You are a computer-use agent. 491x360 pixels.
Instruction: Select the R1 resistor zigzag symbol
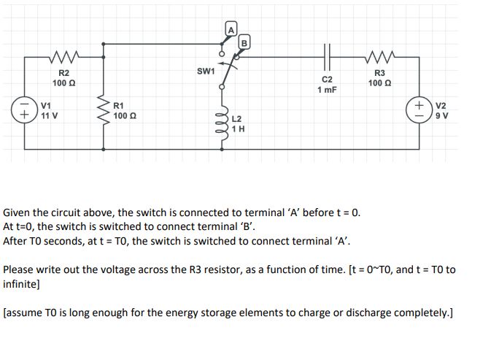tap(103, 111)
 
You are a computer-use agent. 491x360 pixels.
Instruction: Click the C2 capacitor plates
tap(328, 54)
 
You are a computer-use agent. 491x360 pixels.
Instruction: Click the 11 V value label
tap(50, 116)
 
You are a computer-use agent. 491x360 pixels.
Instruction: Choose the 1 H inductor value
tap(239, 129)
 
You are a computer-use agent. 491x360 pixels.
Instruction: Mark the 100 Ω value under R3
tap(379, 83)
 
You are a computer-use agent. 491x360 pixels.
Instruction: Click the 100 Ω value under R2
tap(63, 83)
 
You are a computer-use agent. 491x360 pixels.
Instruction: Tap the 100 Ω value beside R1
tap(125, 116)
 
